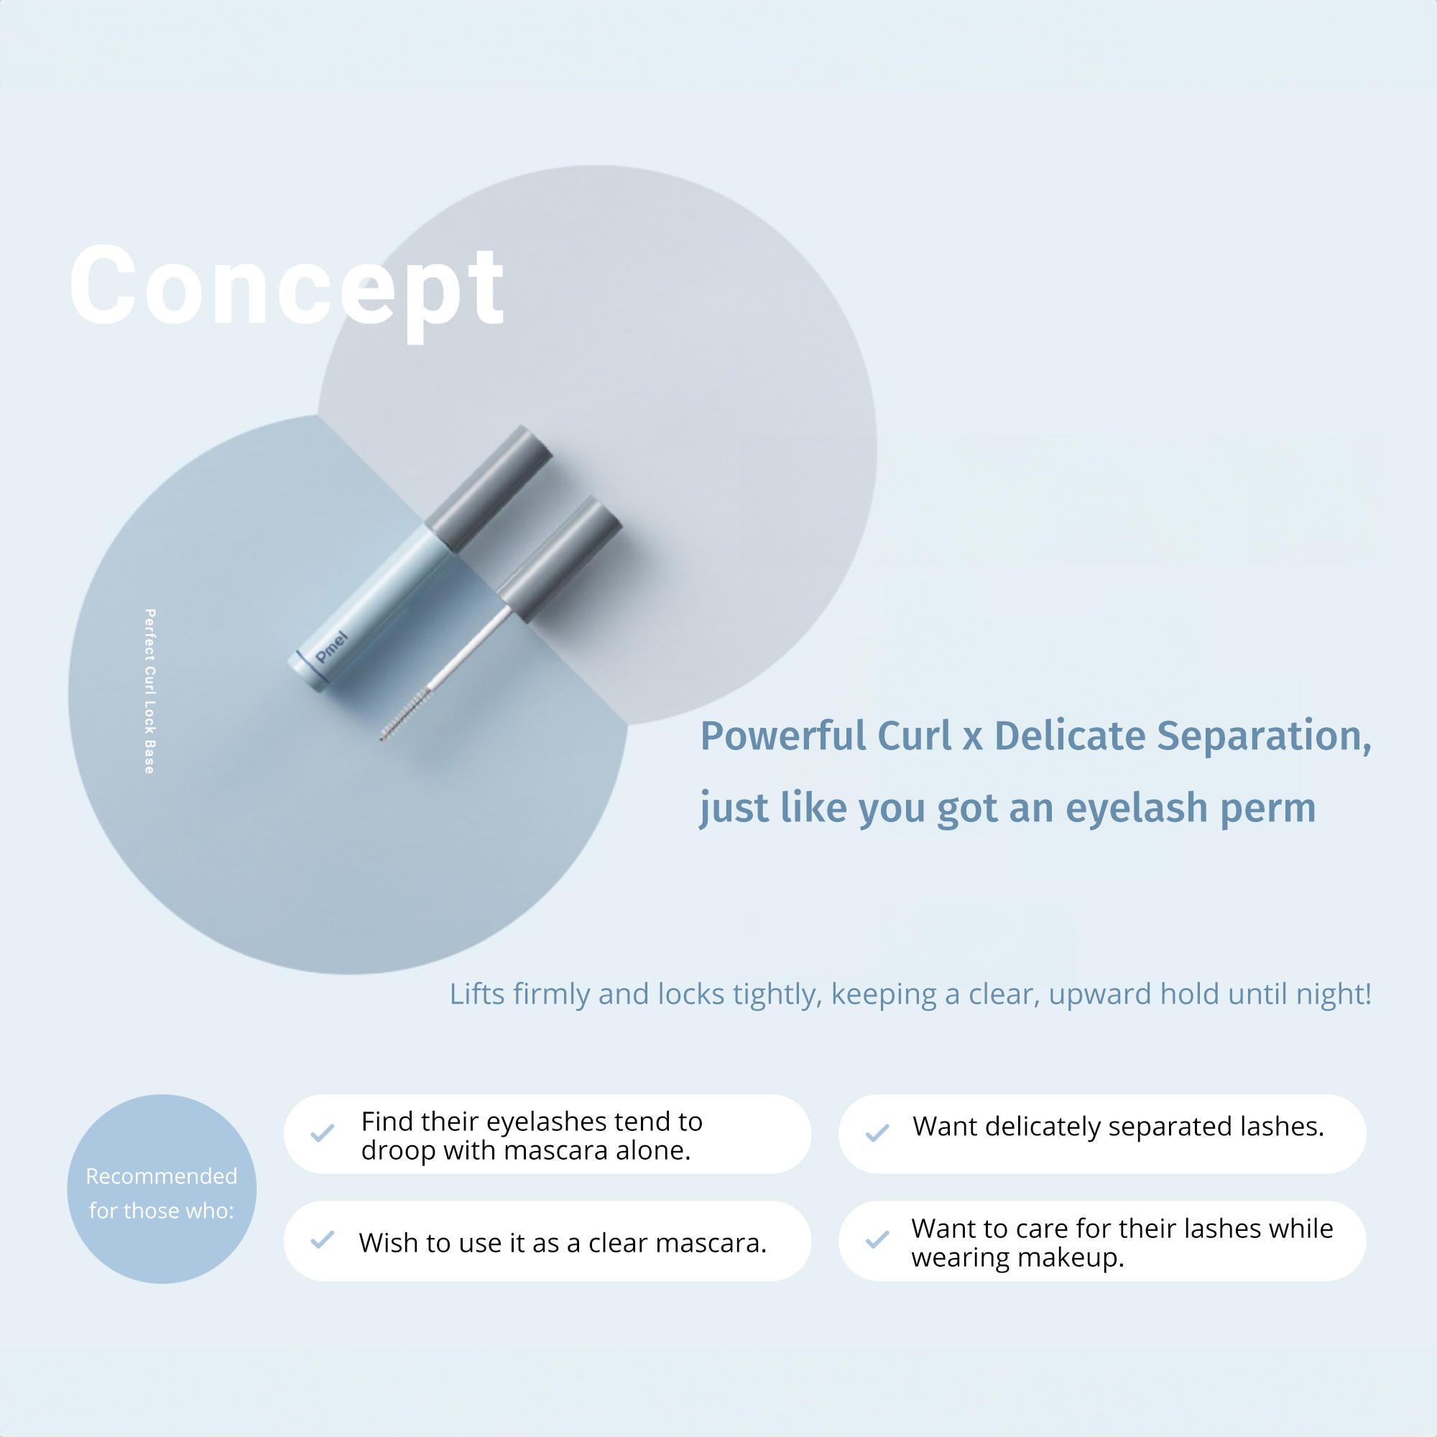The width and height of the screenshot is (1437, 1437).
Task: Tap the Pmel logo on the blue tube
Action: point(331,647)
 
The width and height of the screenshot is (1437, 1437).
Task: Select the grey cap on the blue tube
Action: point(489,489)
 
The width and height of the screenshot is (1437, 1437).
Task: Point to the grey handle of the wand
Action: point(559,558)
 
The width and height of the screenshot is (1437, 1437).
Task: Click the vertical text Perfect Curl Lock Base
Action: point(149,691)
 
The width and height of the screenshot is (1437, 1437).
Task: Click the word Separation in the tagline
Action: point(1265,736)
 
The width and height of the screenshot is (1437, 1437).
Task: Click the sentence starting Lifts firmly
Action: point(910,994)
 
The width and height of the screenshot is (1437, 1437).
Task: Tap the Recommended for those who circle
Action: point(162,1188)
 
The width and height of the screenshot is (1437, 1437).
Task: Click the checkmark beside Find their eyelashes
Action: point(322,1134)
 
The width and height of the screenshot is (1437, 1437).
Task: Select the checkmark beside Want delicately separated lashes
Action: point(878,1134)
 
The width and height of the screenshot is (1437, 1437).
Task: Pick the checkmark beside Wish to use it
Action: point(322,1240)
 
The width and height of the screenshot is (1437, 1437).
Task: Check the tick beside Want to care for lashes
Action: point(878,1240)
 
